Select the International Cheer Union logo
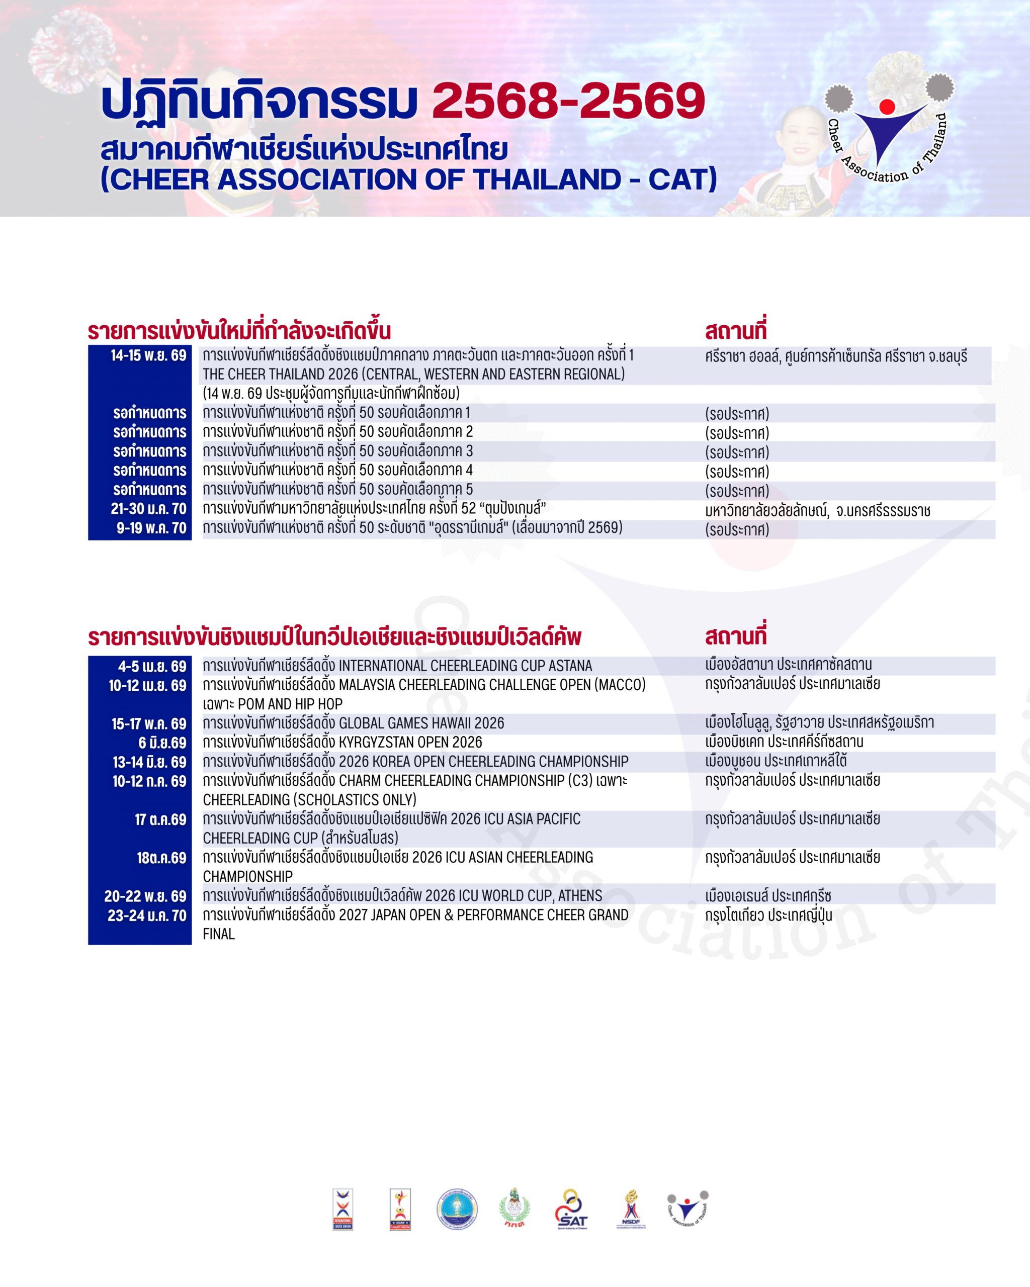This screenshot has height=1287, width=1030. (342, 1210)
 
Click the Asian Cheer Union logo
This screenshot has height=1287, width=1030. (400, 1210)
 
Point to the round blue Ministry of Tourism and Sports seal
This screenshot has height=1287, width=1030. (457, 1210)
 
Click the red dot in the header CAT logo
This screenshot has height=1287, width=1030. (887, 107)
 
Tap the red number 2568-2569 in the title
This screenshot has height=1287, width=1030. (568, 100)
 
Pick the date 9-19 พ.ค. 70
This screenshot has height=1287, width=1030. (151, 528)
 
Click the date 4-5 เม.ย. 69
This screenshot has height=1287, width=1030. (152, 667)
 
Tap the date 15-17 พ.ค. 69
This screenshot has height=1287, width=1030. (149, 724)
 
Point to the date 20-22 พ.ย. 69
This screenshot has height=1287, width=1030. (145, 896)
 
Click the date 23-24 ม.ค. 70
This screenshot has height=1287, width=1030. (147, 915)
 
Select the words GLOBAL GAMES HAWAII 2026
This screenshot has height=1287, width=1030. (421, 723)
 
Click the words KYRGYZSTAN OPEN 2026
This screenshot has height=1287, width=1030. (410, 743)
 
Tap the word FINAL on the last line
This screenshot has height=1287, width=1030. (219, 934)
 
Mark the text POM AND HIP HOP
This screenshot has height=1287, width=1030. (290, 704)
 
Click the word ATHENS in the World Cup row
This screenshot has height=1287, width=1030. (580, 896)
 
